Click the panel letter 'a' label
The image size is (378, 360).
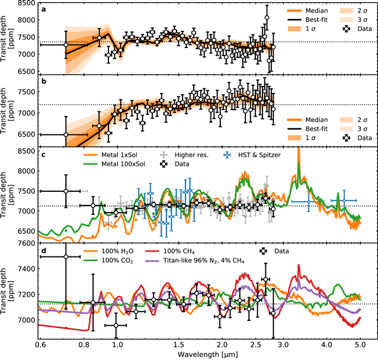point(44,10)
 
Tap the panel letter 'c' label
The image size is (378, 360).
point(44,155)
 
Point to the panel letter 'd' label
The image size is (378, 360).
point(44,252)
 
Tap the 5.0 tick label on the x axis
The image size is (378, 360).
point(360,343)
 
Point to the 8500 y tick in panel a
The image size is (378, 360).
point(23,4)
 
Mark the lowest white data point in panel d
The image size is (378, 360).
point(116,325)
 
